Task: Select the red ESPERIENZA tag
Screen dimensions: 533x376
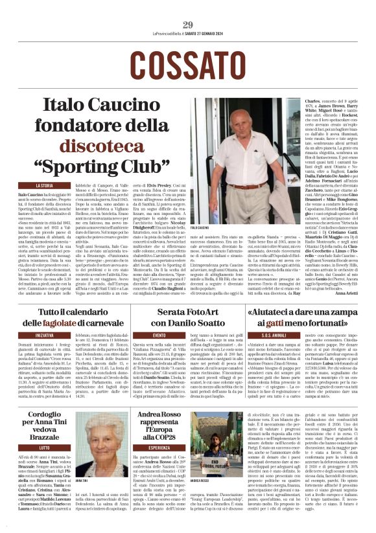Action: (158, 448)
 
